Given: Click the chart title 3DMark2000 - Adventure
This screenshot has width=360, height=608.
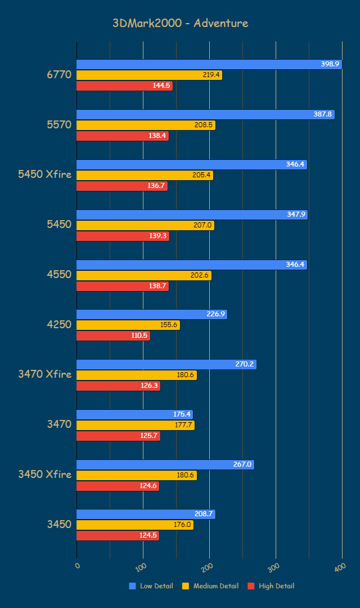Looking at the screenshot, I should point(180,23).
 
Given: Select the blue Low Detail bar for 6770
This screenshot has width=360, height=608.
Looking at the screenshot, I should point(209,64).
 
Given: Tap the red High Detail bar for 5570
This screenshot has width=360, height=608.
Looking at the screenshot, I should point(122,136).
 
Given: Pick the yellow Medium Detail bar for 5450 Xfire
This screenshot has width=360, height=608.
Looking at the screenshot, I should point(145,175).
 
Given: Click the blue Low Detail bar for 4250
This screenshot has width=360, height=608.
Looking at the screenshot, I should point(151,314).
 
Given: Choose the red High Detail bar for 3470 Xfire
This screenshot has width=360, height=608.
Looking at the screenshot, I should point(118,386).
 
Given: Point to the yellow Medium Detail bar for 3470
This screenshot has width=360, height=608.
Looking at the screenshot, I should point(135,425).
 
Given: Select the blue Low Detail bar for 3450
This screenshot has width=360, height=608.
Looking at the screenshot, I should point(146,514).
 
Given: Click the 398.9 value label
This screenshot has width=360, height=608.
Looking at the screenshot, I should point(330,64).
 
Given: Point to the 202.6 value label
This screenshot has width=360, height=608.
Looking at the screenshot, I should point(201,275).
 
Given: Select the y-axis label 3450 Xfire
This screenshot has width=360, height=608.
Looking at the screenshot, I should point(45,474).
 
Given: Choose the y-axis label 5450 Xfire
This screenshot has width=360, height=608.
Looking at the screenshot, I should point(45,175).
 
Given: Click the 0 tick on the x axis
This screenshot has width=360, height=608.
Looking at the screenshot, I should point(78,566).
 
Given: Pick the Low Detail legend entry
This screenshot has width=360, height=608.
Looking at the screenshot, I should point(151,586).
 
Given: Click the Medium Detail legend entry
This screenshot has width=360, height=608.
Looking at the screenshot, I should point(210,586).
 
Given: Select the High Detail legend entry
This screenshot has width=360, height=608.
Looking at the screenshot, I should point(271,586).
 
